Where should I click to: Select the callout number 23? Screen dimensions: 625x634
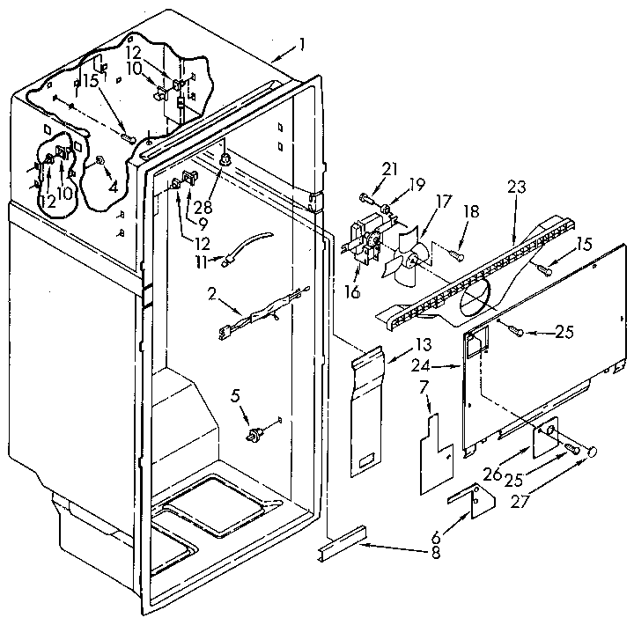pyautogui.click(x=516, y=187)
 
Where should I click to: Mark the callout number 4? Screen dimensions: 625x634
pyautogui.click(x=113, y=187)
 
